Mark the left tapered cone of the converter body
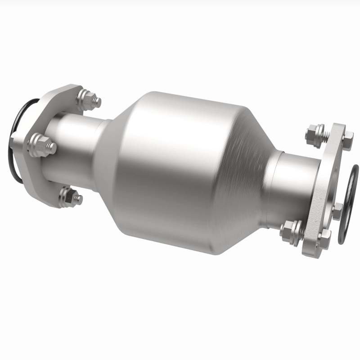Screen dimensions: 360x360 point(112,148)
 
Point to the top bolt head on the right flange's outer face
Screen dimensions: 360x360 point(348,135)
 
